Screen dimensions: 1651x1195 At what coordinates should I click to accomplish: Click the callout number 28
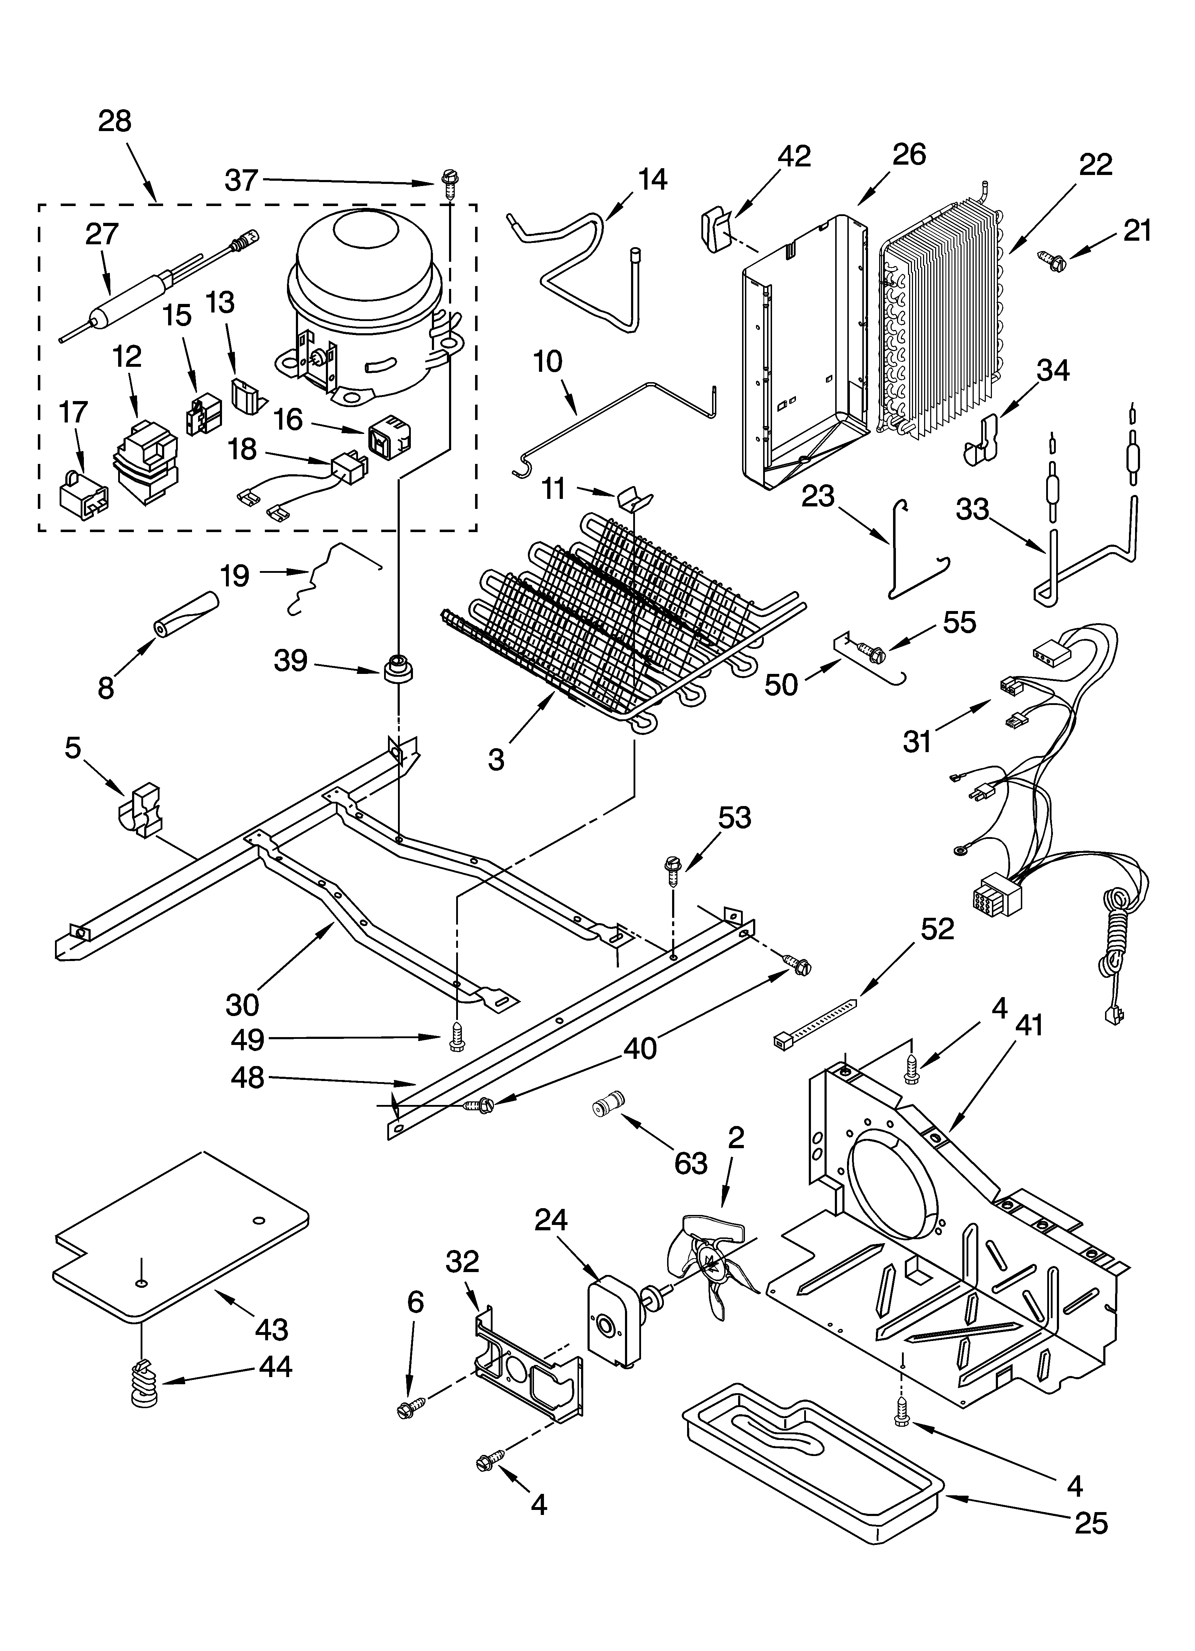pyautogui.click(x=115, y=121)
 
